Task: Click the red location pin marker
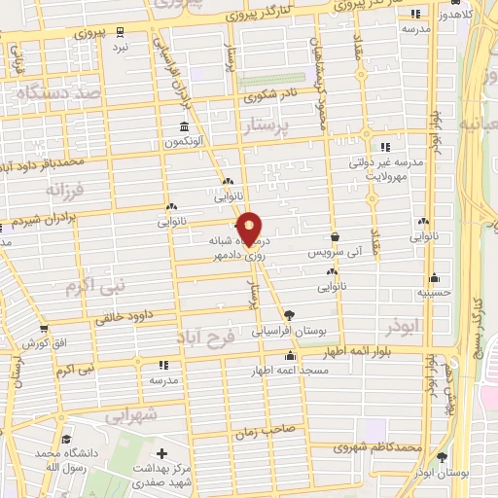250,228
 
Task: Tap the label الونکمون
185,142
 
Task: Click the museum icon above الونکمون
185,127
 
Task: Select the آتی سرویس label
335,252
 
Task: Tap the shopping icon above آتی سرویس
335,236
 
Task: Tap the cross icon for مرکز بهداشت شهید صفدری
161,453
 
